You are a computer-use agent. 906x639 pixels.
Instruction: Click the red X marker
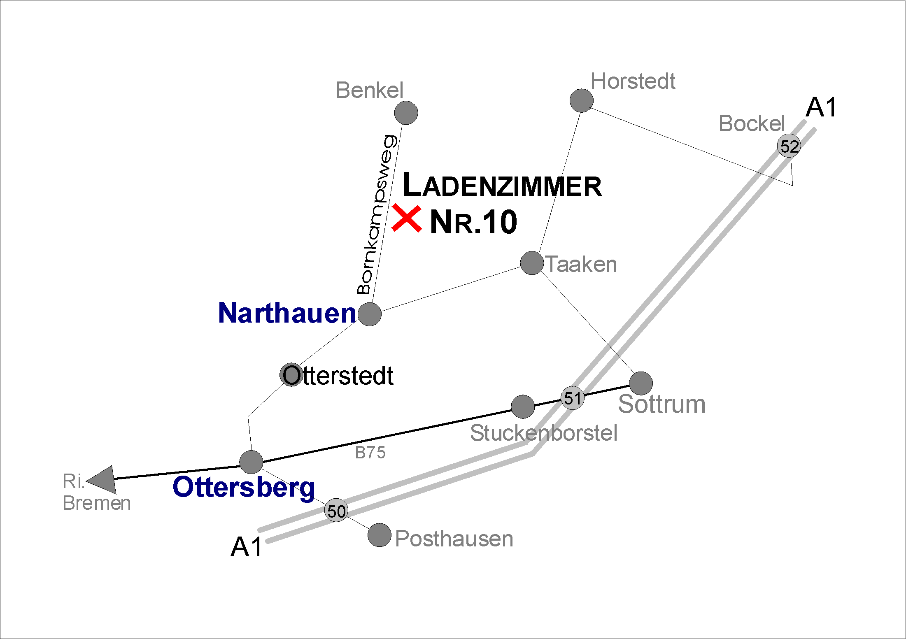[406, 219]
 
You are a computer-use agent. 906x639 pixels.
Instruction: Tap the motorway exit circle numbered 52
[789, 146]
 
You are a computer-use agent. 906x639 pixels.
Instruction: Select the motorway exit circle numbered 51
[573, 398]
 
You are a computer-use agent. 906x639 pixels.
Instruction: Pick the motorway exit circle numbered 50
[336, 511]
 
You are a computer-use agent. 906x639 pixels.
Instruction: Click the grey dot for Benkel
[406, 112]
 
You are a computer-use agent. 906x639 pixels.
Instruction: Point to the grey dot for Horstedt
[581, 100]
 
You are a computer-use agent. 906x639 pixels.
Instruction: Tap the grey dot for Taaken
[532, 263]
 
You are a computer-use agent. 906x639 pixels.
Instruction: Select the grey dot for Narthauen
[370, 314]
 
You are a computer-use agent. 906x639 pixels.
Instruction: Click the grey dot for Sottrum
[641, 383]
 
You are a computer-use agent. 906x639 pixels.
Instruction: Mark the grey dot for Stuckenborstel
[522, 407]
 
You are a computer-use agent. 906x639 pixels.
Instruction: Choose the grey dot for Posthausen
[379, 535]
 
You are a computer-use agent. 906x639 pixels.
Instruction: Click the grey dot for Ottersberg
[251, 462]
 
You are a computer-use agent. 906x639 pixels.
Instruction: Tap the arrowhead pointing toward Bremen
[104, 480]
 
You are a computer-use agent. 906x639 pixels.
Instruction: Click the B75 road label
[370, 453]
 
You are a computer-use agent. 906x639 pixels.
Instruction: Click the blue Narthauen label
[287, 313]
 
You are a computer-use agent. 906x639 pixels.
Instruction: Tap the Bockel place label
[752, 123]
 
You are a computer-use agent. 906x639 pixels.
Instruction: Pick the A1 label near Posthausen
[246, 547]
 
